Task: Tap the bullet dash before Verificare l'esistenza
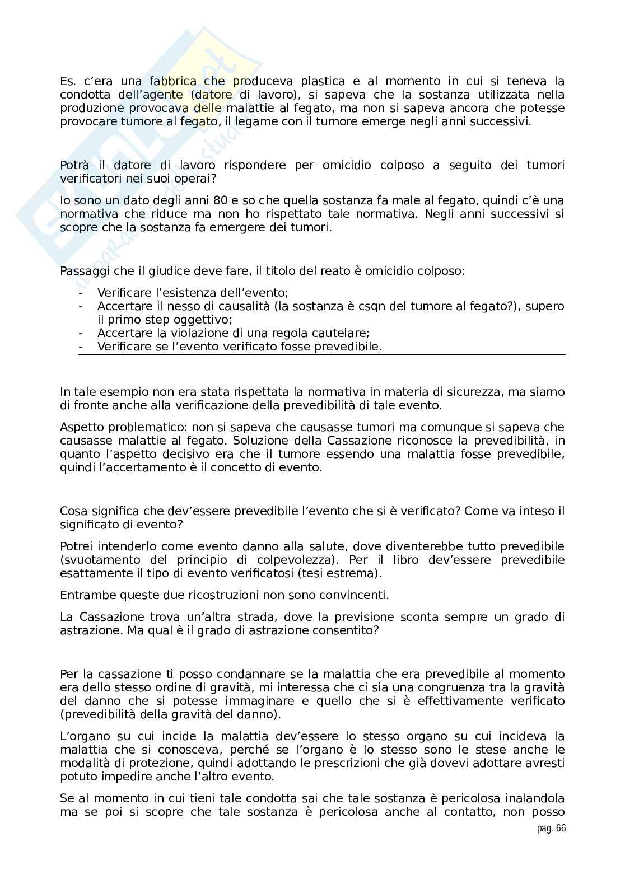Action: coord(81,293)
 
